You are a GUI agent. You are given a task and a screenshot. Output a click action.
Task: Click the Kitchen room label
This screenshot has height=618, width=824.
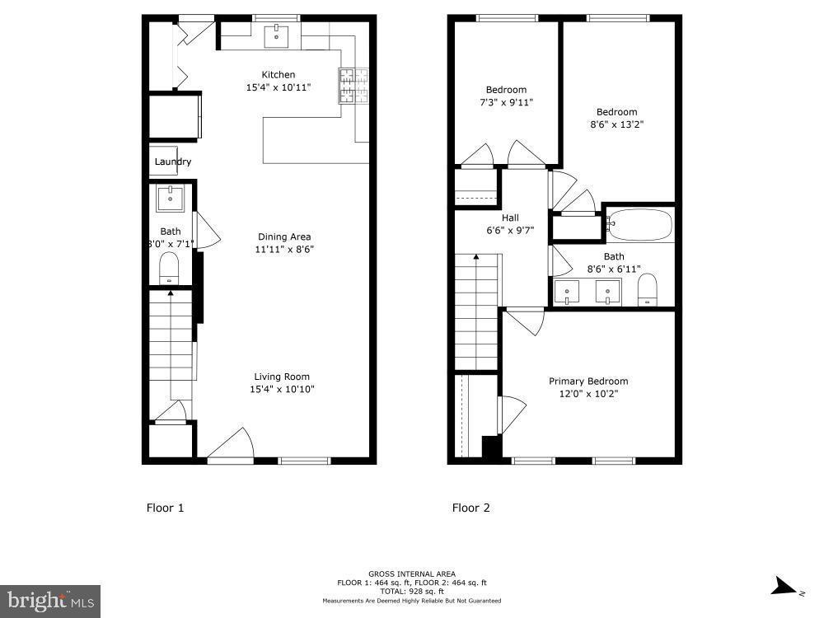(x=278, y=75)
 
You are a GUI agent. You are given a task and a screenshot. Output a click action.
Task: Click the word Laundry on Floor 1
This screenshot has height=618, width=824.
(x=173, y=162)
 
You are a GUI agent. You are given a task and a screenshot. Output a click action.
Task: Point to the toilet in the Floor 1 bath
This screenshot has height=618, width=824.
(x=169, y=267)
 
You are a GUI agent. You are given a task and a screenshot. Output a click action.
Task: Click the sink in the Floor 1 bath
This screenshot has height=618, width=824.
(x=171, y=198)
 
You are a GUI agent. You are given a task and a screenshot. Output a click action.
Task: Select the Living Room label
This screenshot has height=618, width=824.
(x=283, y=377)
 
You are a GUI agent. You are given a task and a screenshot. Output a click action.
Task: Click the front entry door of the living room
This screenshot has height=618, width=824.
(x=230, y=445)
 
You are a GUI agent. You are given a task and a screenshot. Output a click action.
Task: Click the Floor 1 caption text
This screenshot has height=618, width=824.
(x=165, y=508)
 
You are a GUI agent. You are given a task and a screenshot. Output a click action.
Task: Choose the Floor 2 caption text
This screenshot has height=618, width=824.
(x=471, y=508)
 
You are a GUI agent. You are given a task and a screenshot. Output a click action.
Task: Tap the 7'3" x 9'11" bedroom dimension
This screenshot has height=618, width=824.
(x=505, y=102)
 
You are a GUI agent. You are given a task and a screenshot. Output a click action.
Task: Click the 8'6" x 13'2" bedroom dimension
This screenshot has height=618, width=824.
(x=616, y=124)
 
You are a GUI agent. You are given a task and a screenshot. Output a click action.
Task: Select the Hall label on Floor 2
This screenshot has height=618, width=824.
(x=510, y=218)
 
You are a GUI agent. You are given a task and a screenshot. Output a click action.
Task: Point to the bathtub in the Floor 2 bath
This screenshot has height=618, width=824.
(x=639, y=223)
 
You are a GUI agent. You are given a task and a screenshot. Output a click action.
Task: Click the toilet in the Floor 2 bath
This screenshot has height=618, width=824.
(x=648, y=288)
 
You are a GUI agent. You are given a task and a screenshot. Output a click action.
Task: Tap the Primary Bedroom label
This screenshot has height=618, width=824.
(x=588, y=381)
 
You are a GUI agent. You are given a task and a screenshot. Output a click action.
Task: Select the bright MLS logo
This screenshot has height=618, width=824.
(x=49, y=601)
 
